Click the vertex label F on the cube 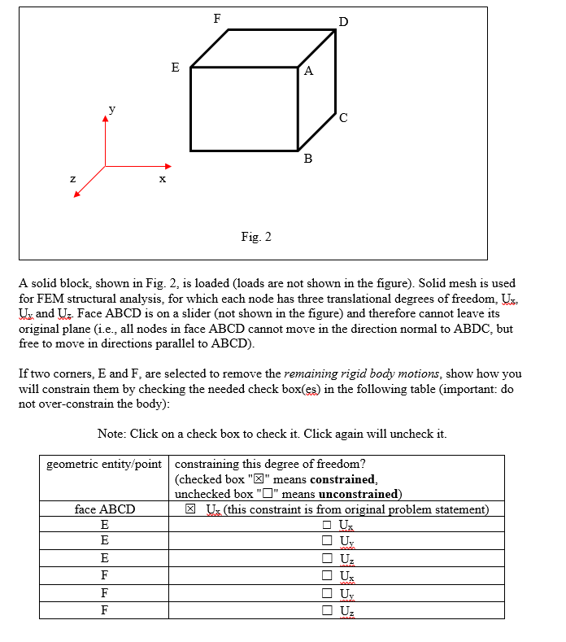tap(216, 18)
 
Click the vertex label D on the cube tap(342, 21)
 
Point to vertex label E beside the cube tap(175, 68)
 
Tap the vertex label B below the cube tap(307, 159)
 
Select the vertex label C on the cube tap(344, 119)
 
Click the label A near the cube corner tap(308, 71)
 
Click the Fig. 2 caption tap(256, 237)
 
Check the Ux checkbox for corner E tap(327, 526)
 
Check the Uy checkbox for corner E tap(327, 542)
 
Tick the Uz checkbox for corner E tap(327, 559)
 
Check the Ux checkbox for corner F tap(327, 576)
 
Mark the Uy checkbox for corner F tap(327, 593)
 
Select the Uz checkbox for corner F tap(327, 610)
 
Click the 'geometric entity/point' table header tap(104, 465)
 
